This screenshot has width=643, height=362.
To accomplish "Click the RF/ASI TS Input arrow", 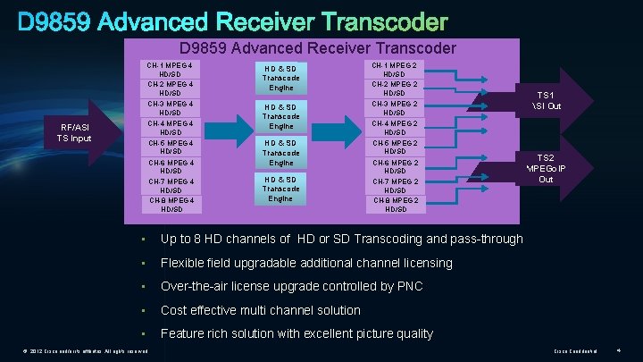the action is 74,132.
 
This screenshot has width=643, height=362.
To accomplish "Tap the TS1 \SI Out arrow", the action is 546,99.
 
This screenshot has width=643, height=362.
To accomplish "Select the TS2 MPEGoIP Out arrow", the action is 546,167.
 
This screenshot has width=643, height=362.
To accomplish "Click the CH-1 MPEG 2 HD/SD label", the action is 395,69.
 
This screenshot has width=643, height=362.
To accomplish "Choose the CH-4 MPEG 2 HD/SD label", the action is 395,128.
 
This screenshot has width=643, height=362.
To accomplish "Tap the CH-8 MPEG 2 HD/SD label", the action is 395,205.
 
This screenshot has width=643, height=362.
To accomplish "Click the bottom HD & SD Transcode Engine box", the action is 280,189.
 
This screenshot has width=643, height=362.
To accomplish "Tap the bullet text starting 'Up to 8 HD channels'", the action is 341,239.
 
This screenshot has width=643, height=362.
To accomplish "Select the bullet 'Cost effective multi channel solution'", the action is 260,310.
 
